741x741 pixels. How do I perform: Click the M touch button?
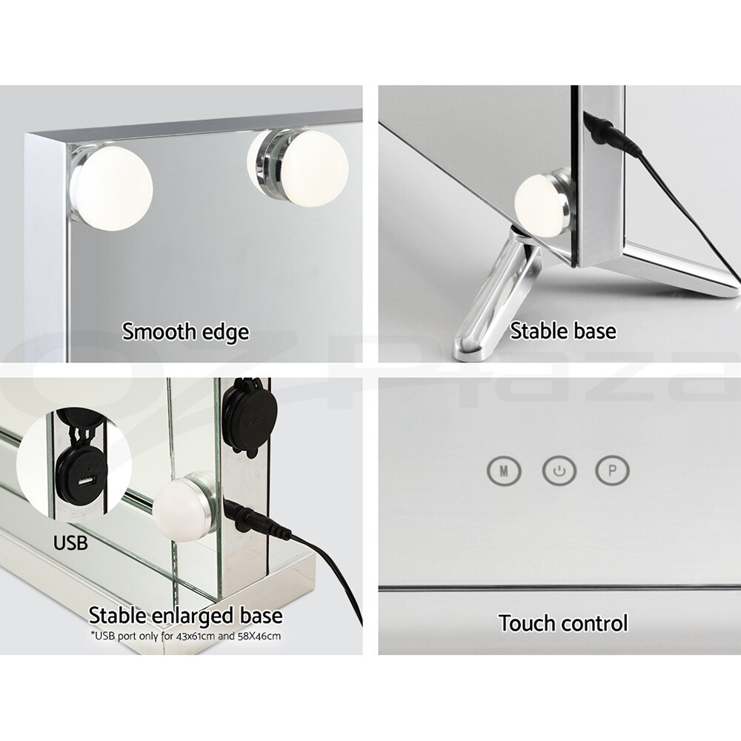[504, 470]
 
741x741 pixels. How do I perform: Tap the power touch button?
[559, 470]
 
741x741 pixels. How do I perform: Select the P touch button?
[613, 470]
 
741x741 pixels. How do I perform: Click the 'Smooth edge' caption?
[185, 331]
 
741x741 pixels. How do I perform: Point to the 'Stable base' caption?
[563, 330]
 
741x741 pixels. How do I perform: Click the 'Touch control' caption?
[563, 623]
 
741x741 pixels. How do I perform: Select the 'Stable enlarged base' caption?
[185, 615]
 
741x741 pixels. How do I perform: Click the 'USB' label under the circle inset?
[70, 543]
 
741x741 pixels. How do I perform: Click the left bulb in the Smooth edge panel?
[113, 186]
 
